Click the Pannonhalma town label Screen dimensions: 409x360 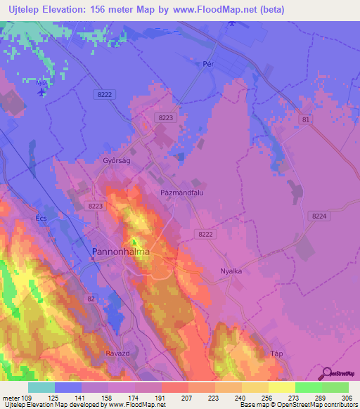coord(118,251)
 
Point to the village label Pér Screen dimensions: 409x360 coord(208,63)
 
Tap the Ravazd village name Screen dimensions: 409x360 coord(117,352)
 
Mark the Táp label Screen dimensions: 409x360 coord(276,353)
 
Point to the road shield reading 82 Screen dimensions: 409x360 coord(91,299)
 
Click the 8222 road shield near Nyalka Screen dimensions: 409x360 coord(206,234)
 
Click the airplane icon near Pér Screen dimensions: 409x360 coord(233,25)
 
